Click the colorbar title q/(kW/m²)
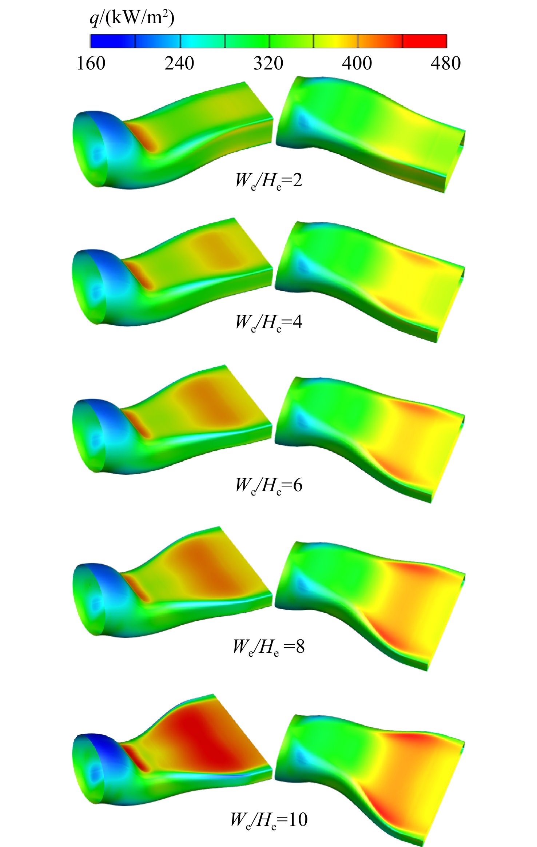(x=132, y=18)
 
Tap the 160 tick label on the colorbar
(x=91, y=63)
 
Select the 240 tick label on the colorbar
(x=179, y=63)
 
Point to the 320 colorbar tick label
(x=268, y=63)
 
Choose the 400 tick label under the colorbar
(x=357, y=63)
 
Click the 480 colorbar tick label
(x=446, y=63)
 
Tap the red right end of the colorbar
(x=425, y=41)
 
